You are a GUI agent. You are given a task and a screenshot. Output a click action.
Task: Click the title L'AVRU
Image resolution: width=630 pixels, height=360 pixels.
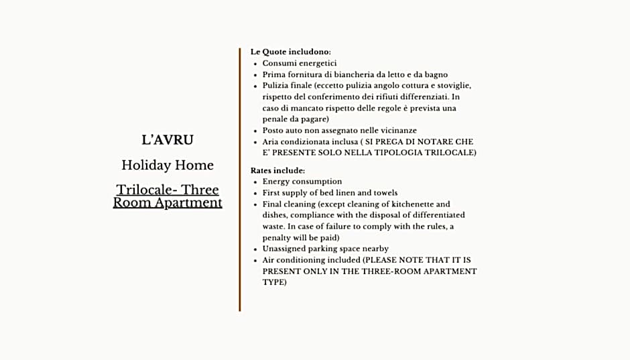click(168, 140)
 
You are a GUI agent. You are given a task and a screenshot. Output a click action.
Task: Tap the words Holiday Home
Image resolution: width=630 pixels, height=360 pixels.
click(168, 165)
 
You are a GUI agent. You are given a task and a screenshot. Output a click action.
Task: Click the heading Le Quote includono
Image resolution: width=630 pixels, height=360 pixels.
click(290, 52)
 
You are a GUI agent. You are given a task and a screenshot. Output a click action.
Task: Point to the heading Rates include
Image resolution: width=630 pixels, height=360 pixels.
click(277, 170)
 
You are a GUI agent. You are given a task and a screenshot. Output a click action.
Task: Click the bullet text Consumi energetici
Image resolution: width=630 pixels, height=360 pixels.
click(299, 63)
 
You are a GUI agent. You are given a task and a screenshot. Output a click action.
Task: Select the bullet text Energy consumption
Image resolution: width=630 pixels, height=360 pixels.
click(302, 182)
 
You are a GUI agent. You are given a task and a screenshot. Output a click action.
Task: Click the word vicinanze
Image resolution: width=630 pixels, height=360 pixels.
click(395, 131)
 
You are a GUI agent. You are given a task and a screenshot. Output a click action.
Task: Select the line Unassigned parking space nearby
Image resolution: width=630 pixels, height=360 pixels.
click(325, 249)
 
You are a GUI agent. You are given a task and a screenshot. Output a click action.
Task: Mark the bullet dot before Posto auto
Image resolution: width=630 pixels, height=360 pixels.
click(255, 131)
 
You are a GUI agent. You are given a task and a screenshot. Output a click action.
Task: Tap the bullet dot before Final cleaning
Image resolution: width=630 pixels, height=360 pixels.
click(255, 204)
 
